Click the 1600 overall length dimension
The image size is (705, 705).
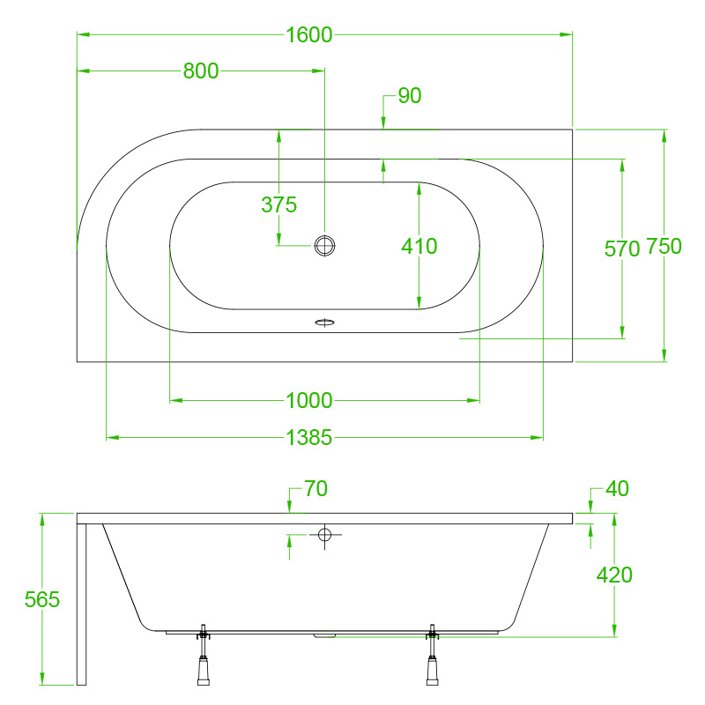[x=309, y=34]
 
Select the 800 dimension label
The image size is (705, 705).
[x=201, y=71]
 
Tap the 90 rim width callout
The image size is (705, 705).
[x=410, y=95]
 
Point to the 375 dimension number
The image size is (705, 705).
[x=278, y=204]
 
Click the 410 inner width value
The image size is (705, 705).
[x=419, y=246]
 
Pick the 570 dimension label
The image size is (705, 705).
[x=622, y=249]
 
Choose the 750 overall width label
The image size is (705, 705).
[x=664, y=246]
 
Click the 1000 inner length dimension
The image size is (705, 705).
[x=309, y=400]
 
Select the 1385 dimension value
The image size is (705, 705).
[x=309, y=437]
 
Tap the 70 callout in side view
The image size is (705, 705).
[x=315, y=488]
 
